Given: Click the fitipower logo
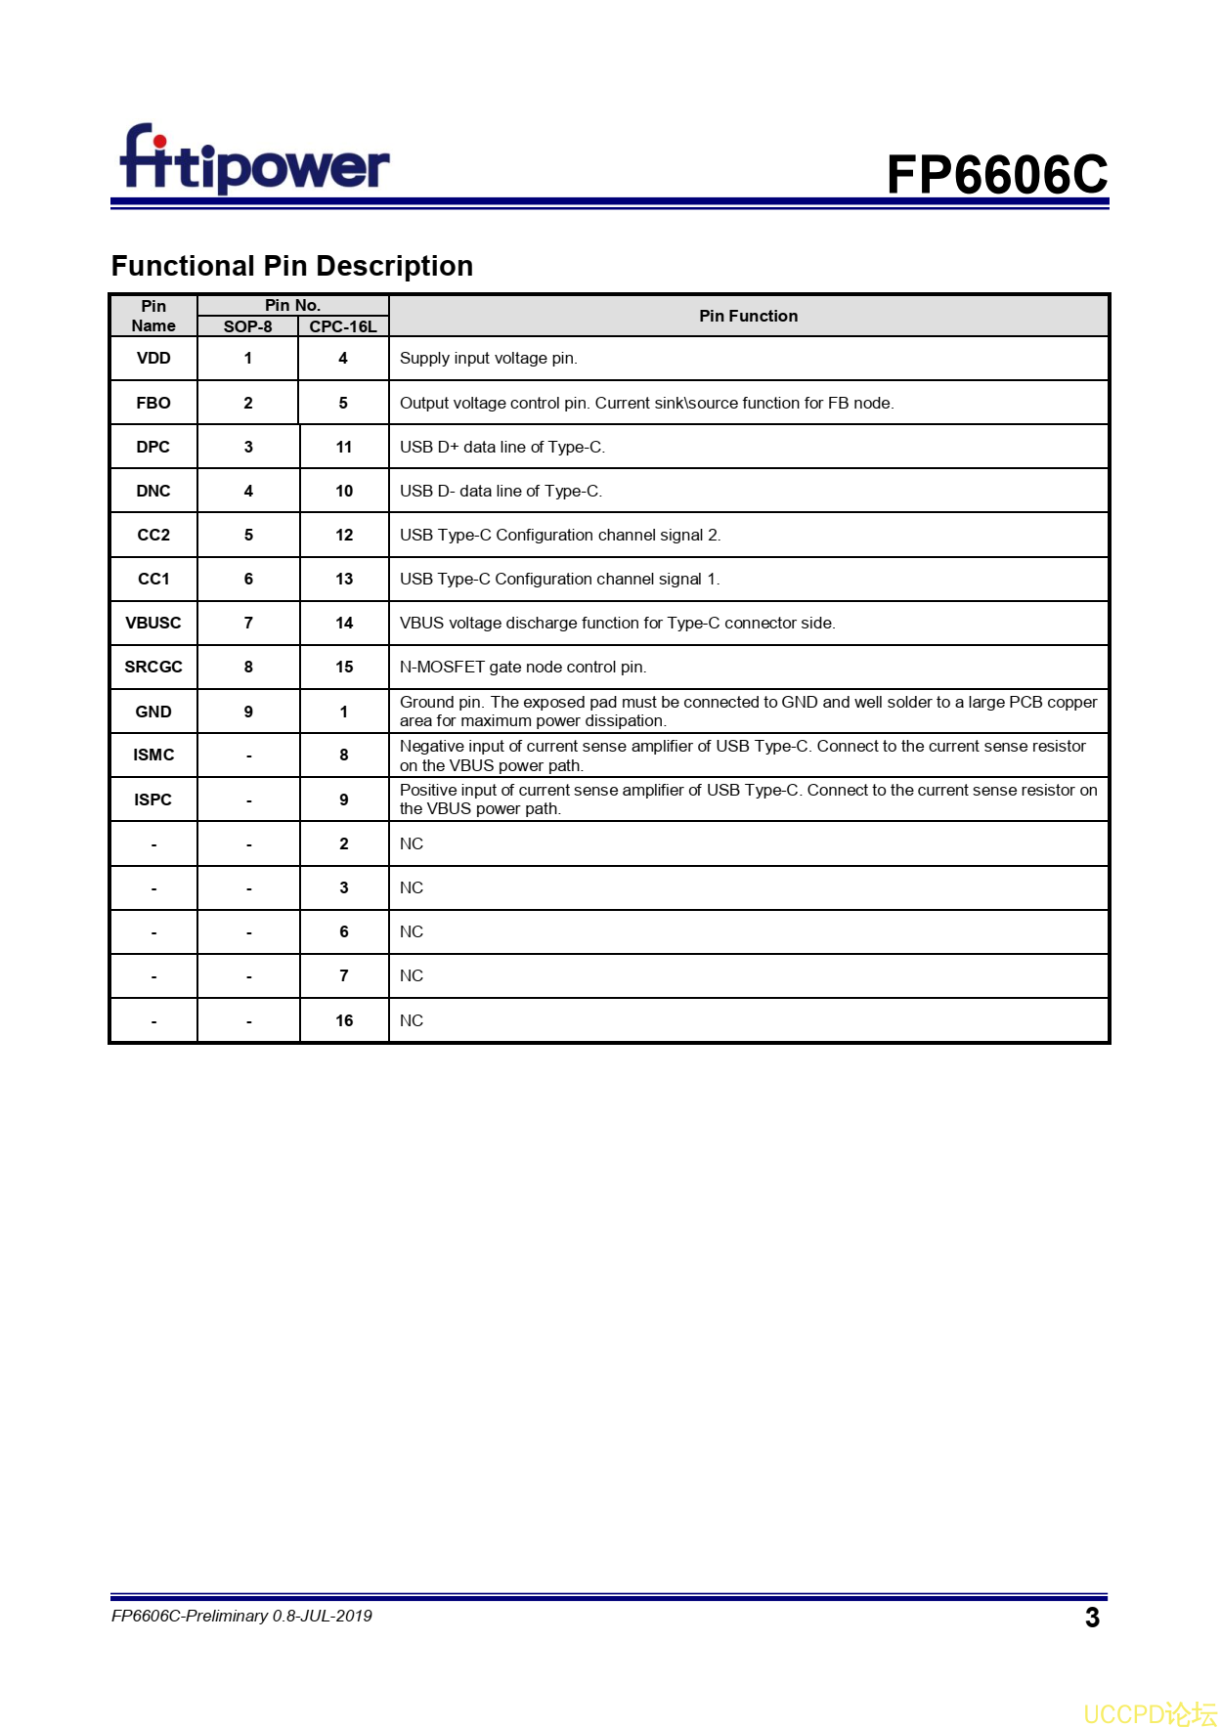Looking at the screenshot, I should (254, 160).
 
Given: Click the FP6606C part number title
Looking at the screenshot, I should (996, 175).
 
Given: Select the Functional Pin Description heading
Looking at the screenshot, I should (291, 266).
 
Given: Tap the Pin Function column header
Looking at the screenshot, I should (748, 316).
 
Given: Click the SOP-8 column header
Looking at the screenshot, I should (247, 326).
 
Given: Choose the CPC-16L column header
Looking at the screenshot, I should (343, 326).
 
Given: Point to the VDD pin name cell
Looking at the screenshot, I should (153, 358).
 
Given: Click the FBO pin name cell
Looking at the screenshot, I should (153, 403).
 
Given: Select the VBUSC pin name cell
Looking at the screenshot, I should (153, 623).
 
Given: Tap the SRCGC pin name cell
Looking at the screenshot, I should (153, 667).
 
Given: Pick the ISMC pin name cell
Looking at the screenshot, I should (153, 755).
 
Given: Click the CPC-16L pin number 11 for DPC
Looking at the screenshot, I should (344, 447).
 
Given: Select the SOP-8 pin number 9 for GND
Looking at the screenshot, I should (248, 712).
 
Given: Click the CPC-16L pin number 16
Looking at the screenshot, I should (344, 1020).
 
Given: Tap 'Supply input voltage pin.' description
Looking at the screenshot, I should (488, 358).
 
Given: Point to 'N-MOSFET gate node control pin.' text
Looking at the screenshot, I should (523, 667).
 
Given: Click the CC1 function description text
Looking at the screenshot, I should (559, 579).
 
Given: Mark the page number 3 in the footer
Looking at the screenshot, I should (1092, 1618).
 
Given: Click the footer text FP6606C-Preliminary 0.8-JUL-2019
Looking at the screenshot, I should (241, 1616).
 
